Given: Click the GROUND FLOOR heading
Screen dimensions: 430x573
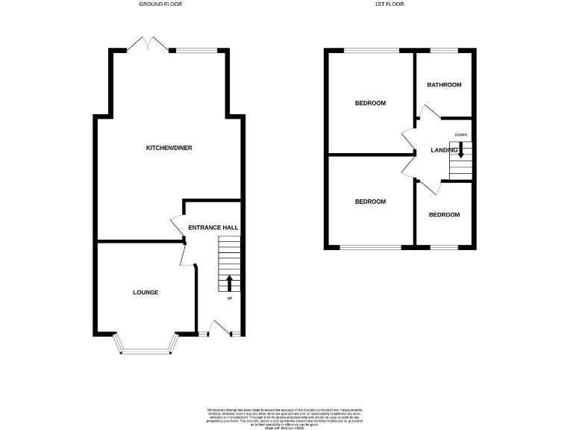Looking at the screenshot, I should [x=160, y=4].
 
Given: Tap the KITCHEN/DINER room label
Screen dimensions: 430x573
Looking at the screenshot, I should [x=169, y=148].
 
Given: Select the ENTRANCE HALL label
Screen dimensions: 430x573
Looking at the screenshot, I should [x=213, y=227].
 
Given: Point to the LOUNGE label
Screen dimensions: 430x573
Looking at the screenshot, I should [x=145, y=292].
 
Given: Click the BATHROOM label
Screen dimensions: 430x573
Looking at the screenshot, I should [x=444, y=85].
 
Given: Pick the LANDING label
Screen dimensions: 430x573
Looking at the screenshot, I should [x=444, y=151].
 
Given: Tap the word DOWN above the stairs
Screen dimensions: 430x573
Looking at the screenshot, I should [x=460, y=134].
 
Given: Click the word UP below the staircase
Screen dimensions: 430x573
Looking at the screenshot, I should [x=229, y=299].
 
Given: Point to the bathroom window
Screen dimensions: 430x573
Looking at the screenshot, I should [x=445, y=51].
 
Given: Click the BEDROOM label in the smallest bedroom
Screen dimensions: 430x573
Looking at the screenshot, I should [x=444, y=215].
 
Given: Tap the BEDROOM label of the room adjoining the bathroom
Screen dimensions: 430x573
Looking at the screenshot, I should [x=370, y=103].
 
